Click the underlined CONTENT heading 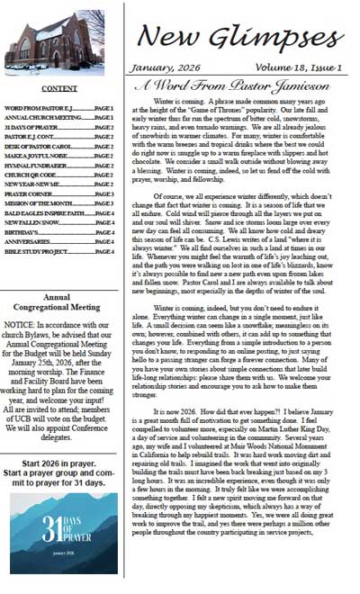click(59, 88)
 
